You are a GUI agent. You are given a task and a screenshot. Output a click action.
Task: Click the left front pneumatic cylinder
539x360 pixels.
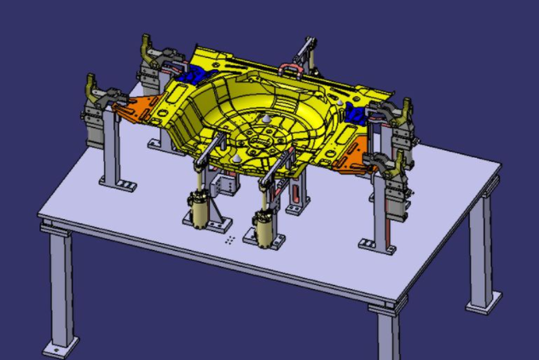201,210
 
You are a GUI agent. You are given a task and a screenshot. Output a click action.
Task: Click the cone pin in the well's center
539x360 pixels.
268,120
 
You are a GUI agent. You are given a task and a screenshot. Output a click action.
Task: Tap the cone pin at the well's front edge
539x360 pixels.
233,159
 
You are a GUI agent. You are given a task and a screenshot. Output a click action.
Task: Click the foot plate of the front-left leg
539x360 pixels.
57,349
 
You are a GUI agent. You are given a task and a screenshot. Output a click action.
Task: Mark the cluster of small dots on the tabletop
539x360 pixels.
229,239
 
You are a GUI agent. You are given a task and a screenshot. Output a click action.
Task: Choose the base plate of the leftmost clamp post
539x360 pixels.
115,183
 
